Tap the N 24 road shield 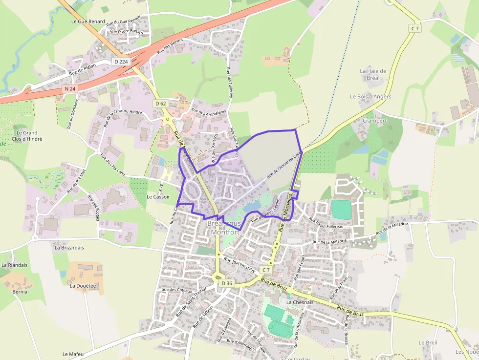click(70, 89)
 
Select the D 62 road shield click(160, 103)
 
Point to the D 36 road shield click(226, 283)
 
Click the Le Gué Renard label click(88, 21)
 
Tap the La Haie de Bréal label click(373, 74)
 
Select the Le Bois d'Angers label click(370, 96)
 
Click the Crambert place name click(375, 121)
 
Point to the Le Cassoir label click(158, 196)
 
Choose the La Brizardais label click(69, 248)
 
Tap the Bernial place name click(21, 292)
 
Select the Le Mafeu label click(73, 354)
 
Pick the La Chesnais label click(300, 302)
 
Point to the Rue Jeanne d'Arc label click(239, 264)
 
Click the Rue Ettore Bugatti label click(127, 32)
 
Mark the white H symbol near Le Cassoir click(167, 174)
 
